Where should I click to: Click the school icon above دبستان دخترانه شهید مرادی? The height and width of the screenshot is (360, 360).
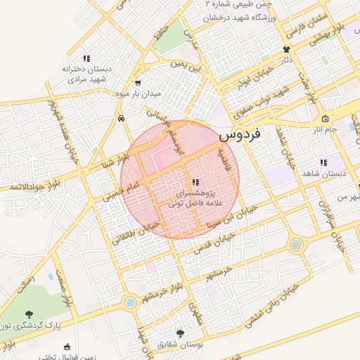coord(86,58)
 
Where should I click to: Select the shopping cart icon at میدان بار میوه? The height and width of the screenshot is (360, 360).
coord(139,82)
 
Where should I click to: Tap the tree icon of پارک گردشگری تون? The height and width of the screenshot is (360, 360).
coord(29,314)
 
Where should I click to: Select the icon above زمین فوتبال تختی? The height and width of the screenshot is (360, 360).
coord(67,346)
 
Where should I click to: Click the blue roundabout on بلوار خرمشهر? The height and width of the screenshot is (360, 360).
coord(129,302)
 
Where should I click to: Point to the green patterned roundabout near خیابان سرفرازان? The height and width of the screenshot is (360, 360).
coord(297,244)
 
